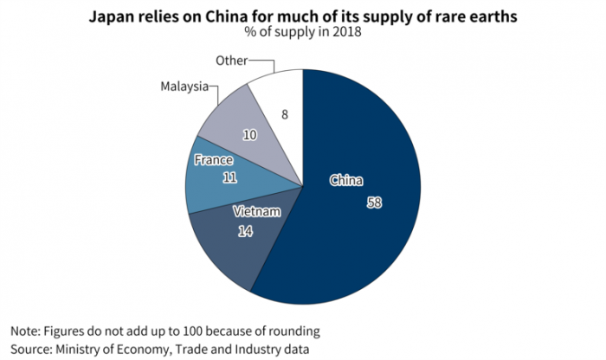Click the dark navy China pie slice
pyautogui.click(x=364, y=234)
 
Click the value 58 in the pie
pyautogui.click(x=373, y=202)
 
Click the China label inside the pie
pyautogui.click(x=346, y=181)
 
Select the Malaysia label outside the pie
pyautogui.click(x=184, y=87)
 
